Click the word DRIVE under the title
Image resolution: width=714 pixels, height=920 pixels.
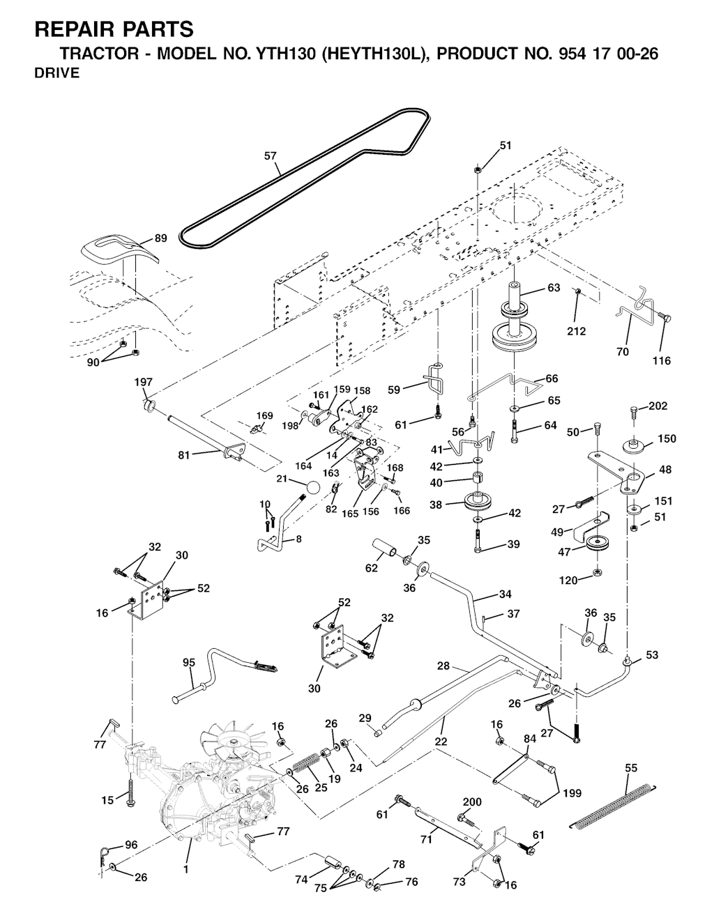57,74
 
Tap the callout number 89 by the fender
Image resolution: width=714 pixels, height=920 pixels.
160,238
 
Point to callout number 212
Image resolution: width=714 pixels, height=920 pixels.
576,332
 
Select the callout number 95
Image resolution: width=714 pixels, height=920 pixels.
189,663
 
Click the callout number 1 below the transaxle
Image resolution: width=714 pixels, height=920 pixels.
186,869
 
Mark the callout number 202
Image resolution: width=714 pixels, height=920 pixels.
658,406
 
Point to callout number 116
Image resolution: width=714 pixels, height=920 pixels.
661,360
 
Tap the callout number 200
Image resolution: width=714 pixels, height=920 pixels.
472,802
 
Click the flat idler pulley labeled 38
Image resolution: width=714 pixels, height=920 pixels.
478,503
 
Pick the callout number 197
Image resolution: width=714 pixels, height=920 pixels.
144,382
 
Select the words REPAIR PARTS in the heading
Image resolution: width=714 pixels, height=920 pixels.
114,29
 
